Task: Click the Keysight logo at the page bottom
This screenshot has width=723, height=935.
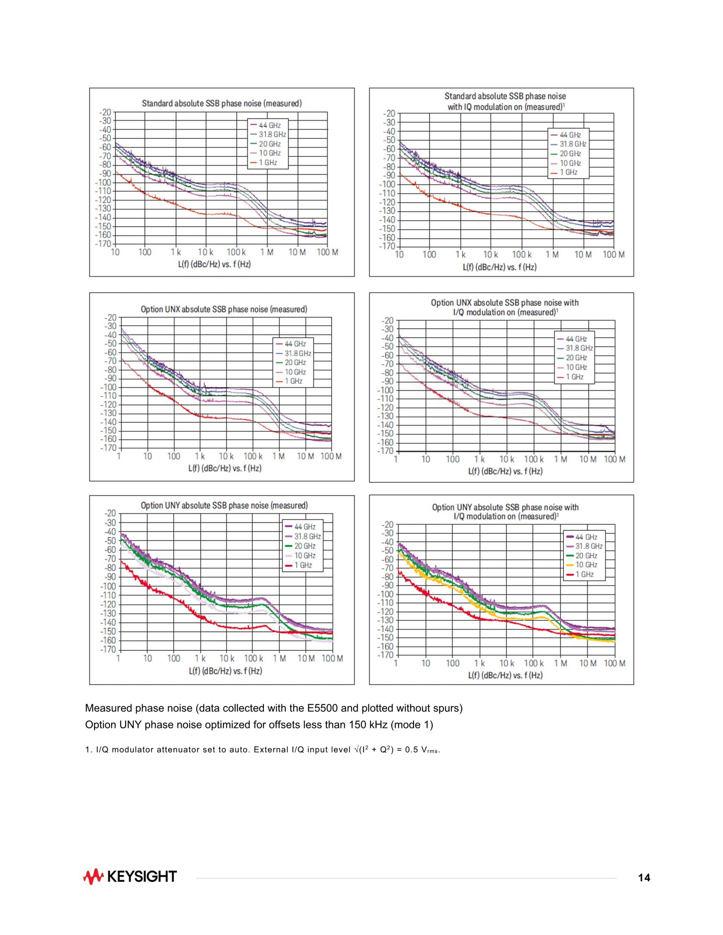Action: pos(130,876)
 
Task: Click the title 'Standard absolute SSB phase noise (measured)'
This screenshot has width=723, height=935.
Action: pos(221,103)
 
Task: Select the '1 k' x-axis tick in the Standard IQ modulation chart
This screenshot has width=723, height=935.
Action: pos(460,255)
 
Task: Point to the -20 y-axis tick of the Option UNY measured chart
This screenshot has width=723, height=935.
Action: pos(110,513)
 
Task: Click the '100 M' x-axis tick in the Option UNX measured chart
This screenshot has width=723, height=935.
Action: pos(331,456)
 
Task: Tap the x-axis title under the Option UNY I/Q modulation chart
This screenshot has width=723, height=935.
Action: pos(505,675)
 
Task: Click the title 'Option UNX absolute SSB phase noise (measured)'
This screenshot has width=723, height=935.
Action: pos(224,309)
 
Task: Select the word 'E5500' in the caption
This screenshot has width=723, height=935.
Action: pos(322,708)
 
